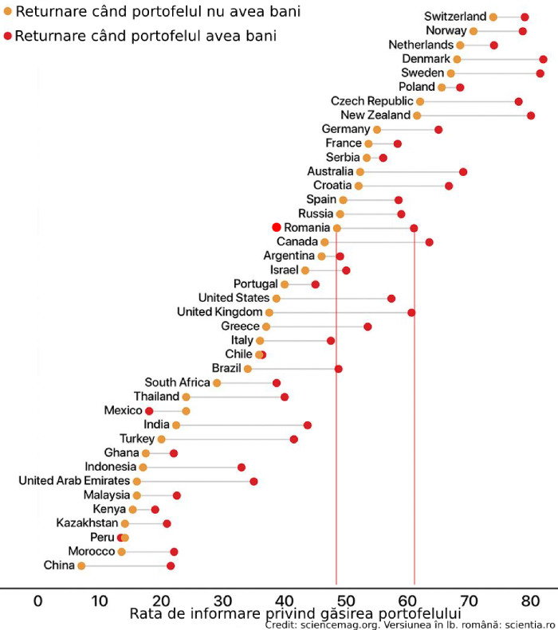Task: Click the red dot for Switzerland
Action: [x=525, y=17]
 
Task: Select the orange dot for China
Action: [x=81, y=565]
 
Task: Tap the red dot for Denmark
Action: [x=544, y=59]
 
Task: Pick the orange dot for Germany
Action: [x=377, y=129]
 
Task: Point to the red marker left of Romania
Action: [x=277, y=227]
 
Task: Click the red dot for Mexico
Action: [x=149, y=411]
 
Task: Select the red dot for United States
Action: [x=391, y=298]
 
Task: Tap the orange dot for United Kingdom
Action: [x=269, y=312]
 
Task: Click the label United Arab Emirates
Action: [x=74, y=481]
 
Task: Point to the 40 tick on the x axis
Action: [x=284, y=600]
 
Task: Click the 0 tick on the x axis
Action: [x=37, y=600]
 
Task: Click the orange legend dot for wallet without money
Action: [x=8, y=13]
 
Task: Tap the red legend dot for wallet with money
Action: [x=8, y=36]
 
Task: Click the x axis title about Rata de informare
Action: [x=295, y=614]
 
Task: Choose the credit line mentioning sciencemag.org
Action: [x=411, y=625]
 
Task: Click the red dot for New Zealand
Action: [x=531, y=115]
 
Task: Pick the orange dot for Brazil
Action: [x=248, y=369]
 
